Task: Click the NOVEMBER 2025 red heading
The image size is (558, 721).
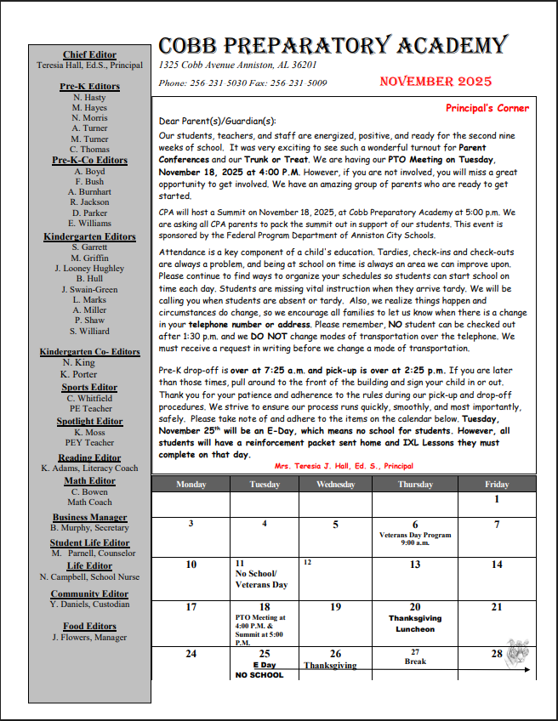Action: (436, 82)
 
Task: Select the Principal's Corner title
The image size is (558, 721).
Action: (487, 108)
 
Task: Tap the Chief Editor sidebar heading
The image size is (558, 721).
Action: (89, 55)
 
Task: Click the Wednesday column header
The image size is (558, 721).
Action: (335, 484)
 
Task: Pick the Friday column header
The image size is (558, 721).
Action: (497, 484)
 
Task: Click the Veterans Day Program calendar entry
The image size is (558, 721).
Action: (415, 538)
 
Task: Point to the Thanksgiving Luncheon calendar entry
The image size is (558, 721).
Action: (415, 624)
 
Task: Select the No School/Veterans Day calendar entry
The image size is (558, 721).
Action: (261, 579)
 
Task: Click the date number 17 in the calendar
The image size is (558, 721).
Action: (191, 607)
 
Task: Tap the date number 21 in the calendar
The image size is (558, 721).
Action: (497, 607)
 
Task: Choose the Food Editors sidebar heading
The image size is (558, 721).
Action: (89, 627)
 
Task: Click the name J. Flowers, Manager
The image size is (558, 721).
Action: (89, 638)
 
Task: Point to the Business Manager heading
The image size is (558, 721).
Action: (89, 517)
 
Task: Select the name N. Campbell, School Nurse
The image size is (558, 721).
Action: (89, 577)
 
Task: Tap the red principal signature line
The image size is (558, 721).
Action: (344, 466)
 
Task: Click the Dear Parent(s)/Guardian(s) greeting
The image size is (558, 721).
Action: (217, 122)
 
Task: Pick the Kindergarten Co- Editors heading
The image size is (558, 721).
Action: (89, 352)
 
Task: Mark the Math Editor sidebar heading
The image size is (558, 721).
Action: (89, 481)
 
